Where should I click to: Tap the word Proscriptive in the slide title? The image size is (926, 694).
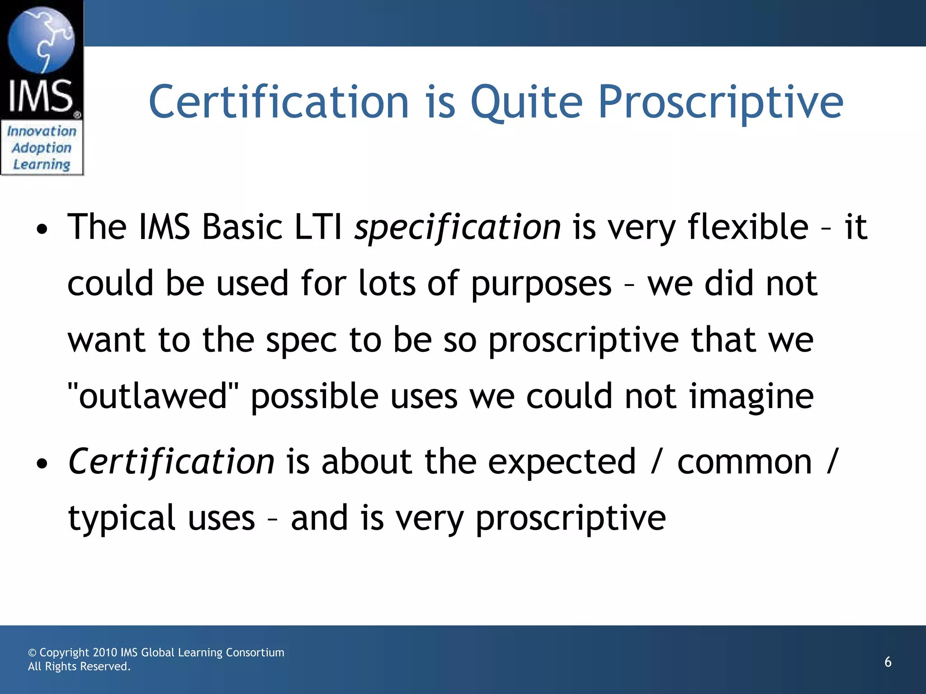click(x=721, y=103)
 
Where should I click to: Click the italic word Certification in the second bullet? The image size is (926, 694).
click(x=171, y=462)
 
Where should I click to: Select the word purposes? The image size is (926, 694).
click(x=541, y=284)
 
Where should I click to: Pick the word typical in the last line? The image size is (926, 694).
click(x=121, y=519)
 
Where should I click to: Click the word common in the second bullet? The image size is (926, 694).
click(x=744, y=462)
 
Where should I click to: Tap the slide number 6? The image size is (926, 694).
click(x=888, y=662)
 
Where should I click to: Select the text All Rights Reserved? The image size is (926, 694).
click(x=79, y=667)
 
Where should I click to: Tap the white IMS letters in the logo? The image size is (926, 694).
click(x=41, y=96)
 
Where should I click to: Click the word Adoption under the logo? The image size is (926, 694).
click(x=42, y=148)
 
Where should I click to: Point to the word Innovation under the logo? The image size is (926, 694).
click(x=42, y=131)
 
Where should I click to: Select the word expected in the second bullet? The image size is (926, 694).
click(x=562, y=462)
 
